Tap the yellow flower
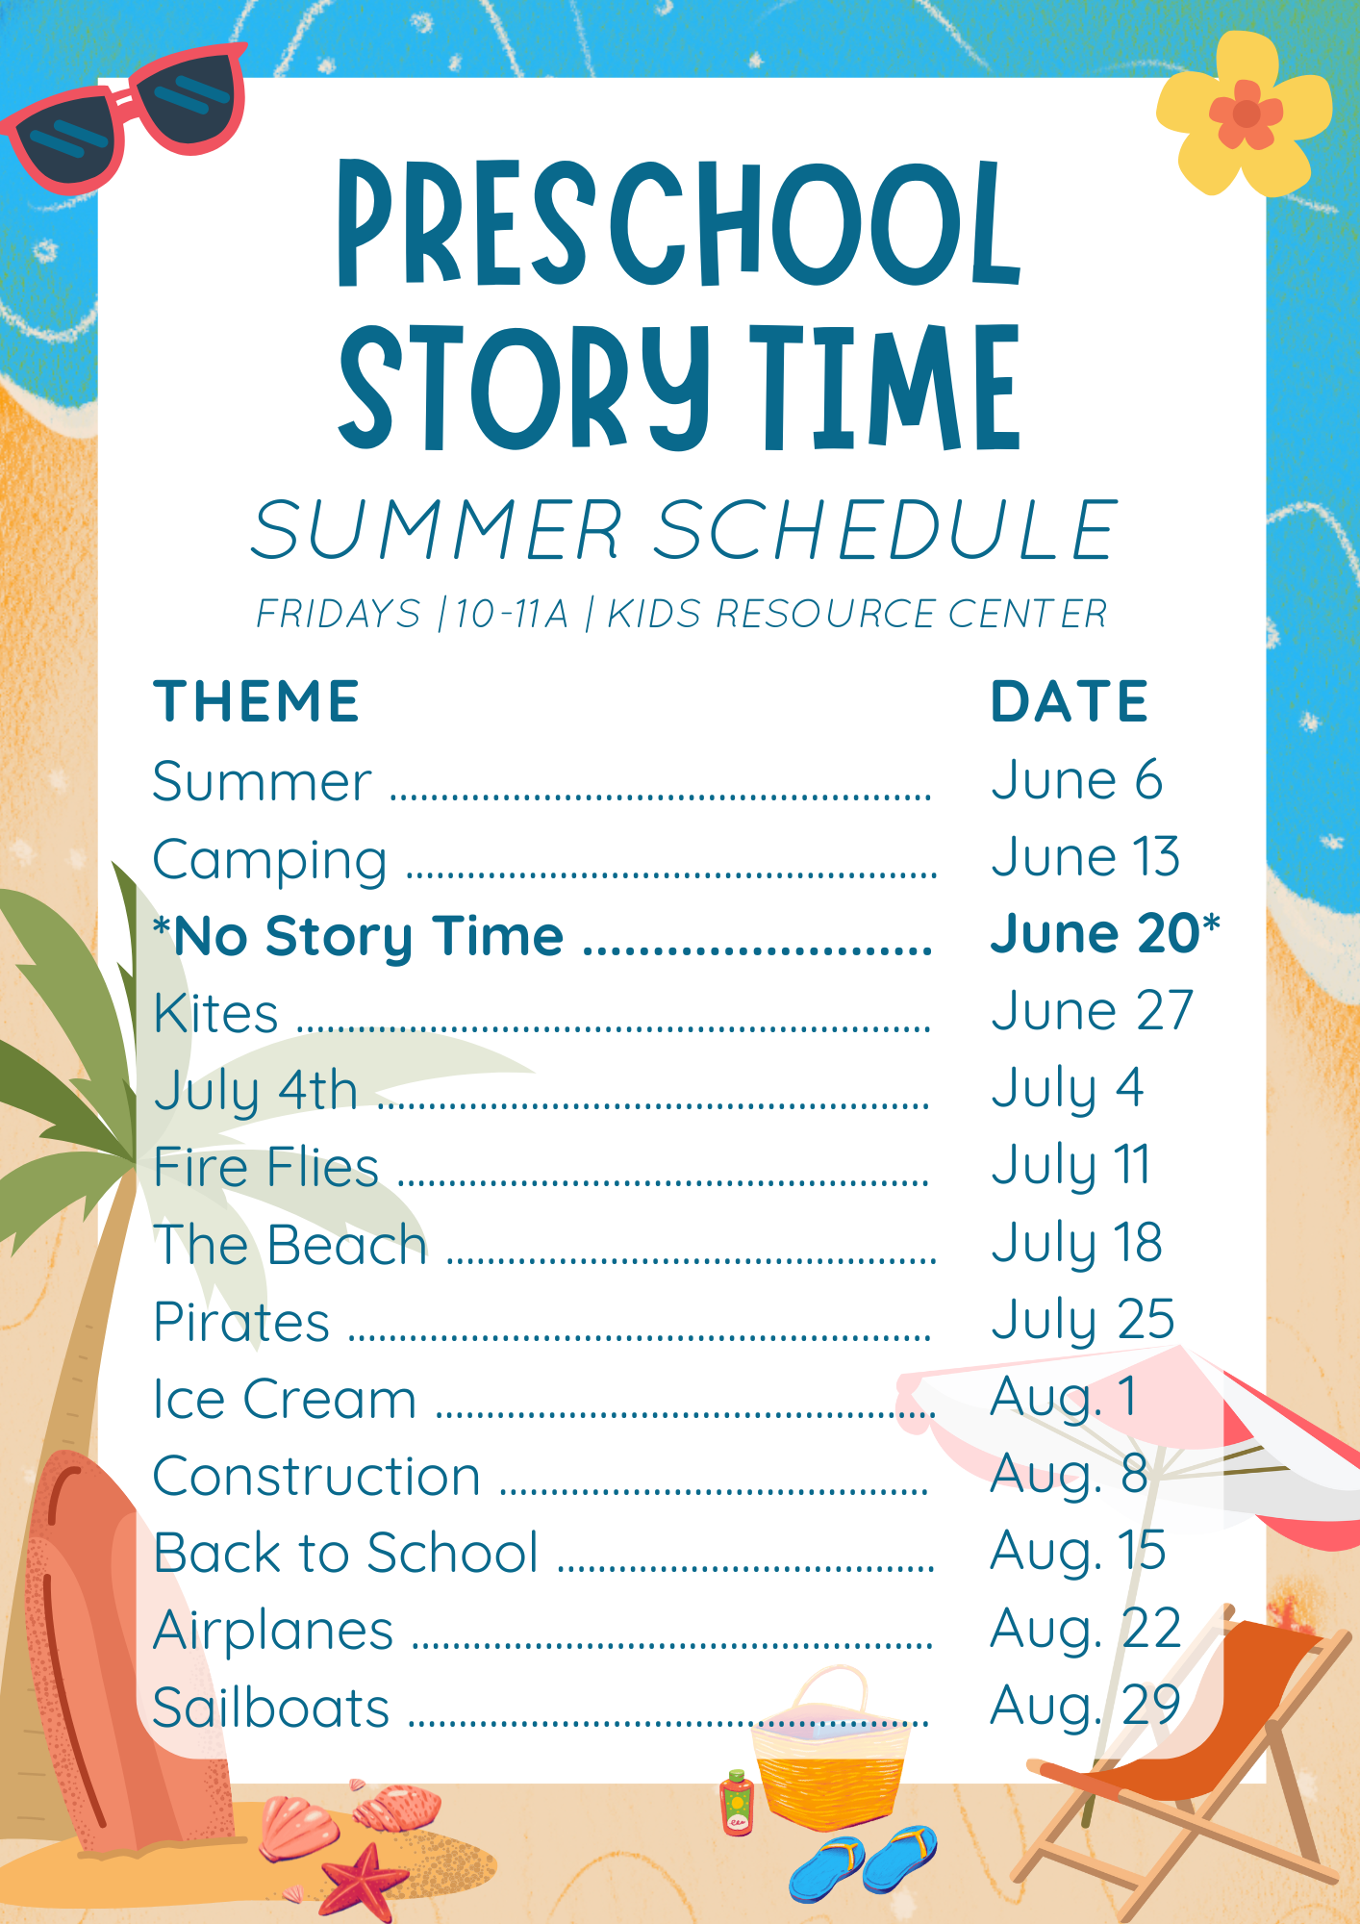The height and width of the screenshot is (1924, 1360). pos(1245,113)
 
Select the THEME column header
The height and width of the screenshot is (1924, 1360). pos(257,700)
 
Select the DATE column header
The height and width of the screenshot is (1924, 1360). pos(1070,700)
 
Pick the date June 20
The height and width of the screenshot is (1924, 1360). pos(1096,933)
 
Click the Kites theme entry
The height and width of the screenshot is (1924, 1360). pos(216,1013)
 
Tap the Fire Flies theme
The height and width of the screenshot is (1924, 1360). pos(266,1167)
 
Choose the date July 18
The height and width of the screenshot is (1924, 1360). pos(1077,1243)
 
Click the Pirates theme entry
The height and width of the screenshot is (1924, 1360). pos(242,1322)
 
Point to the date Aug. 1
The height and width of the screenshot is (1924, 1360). pos(1064,1398)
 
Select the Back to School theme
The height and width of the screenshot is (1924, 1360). pos(346,1553)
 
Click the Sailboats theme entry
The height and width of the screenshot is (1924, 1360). pos(272,1708)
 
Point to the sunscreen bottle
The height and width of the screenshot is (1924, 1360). pos(738,1804)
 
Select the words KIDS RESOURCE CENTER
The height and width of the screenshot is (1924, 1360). pos(857,614)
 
